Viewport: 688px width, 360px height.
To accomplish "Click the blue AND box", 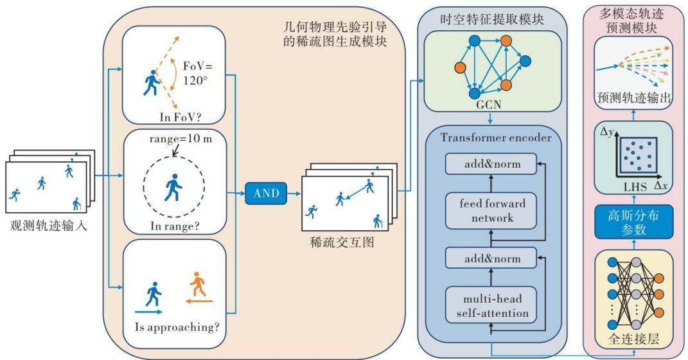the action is pos(266,193).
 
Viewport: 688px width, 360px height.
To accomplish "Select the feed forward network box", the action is pos(491,211).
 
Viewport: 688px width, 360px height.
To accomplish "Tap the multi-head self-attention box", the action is pos(491,305).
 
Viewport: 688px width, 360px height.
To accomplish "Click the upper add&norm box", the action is pos(491,164).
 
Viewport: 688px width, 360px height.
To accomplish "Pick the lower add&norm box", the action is pos(491,258).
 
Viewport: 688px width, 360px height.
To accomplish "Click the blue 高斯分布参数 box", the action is pos(633,222).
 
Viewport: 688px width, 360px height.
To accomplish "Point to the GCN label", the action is pos(489,105).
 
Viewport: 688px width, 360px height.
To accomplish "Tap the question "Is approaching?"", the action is pos(177,327).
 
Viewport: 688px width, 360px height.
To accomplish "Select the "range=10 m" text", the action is pos(181,139).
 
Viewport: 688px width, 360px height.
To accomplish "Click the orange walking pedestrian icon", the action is pos(198,284).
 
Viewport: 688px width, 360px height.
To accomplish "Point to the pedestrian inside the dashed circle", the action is pos(173,188).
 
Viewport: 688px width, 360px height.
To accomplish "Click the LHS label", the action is pos(635,187).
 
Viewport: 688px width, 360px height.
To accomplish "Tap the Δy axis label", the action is pos(607,131).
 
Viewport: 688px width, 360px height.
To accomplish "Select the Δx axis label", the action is pos(661,186).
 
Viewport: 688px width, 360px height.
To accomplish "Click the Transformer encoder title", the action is pos(496,138).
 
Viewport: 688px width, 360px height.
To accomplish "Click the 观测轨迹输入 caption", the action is pos(48,226).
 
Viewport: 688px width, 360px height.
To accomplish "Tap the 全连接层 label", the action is pos(633,339).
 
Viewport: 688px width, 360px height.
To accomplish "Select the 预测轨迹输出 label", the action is pos(633,98).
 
